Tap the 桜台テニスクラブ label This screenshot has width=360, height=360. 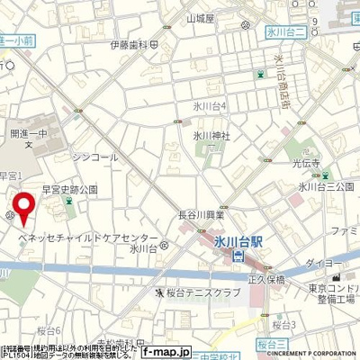(194, 292)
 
